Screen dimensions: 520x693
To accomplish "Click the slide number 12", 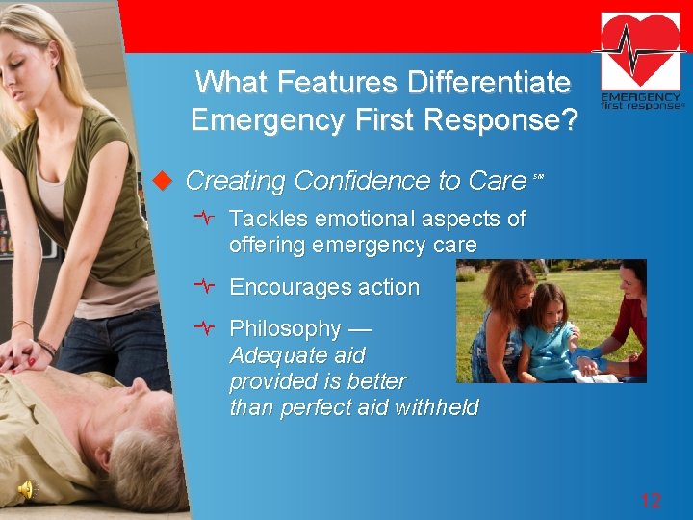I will [651, 500].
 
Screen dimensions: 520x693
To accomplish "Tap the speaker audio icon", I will [26, 490].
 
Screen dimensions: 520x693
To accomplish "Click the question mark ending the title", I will [569, 120].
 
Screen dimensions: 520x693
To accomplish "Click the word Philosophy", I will [285, 328].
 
